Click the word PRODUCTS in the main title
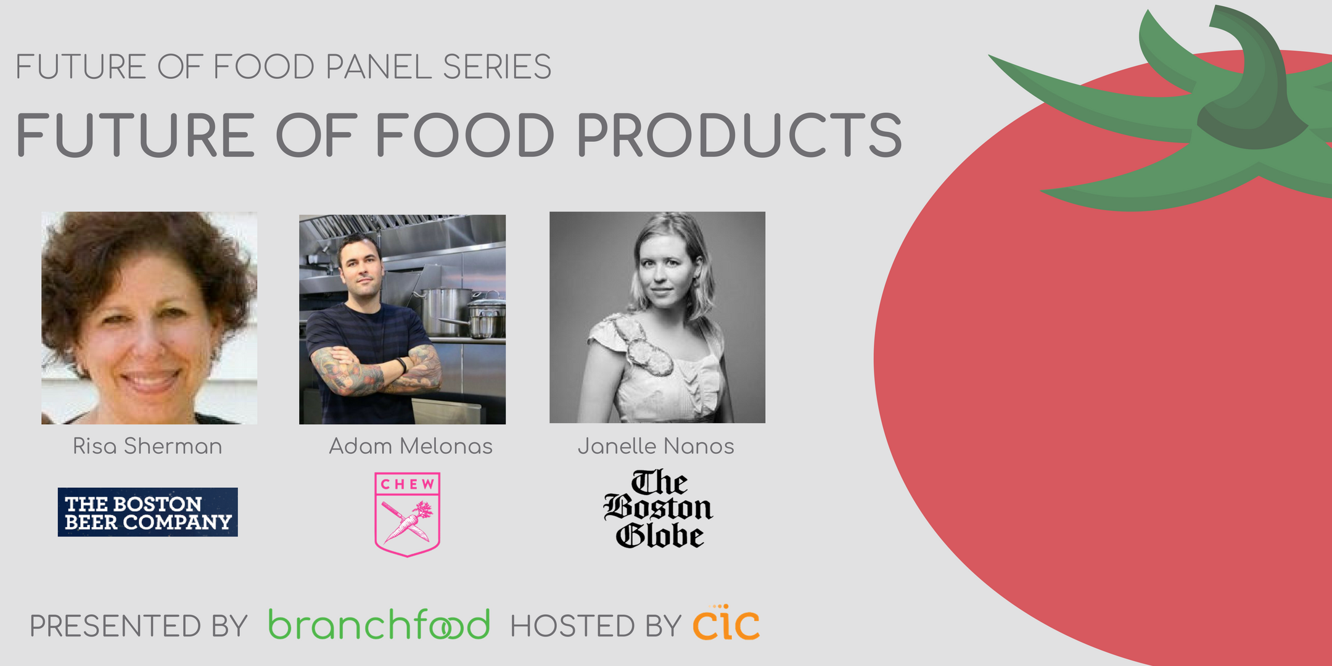[x=739, y=135]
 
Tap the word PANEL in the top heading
[x=378, y=67]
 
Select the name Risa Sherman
[x=147, y=446]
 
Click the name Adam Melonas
[x=411, y=446]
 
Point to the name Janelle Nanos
[x=656, y=446]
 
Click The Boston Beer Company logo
[x=147, y=512]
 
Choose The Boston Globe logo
[x=658, y=509]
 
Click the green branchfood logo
[x=379, y=624]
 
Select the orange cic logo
[x=726, y=623]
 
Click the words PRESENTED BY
[x=139, y=626]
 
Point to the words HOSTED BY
[x=596, y=626]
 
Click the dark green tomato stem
[x=1252, y=86]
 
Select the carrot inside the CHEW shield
[x=410, y=522]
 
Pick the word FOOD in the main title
[x=466, y=135]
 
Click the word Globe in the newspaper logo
[x=660, y=535]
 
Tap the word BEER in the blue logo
[x=91, y=522]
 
